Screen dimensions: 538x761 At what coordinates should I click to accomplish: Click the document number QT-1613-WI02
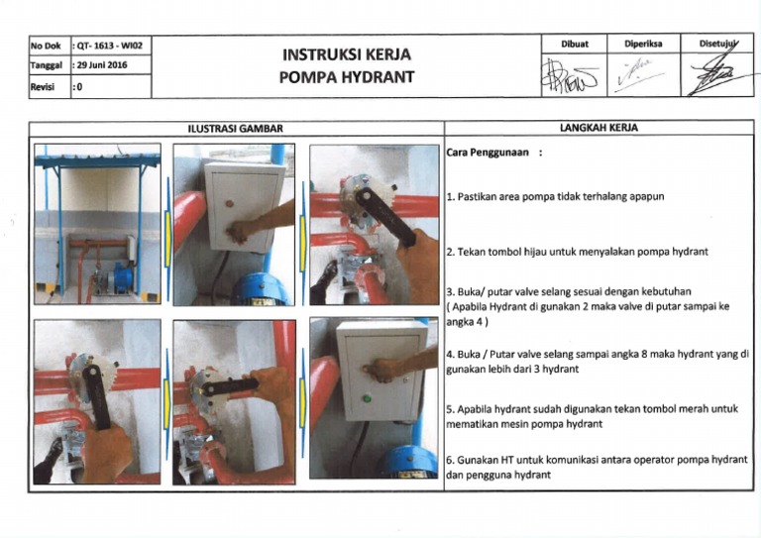(109, 46)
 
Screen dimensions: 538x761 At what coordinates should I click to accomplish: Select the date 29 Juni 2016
(104, 65)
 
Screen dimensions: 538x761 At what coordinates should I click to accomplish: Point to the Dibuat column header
(575, 44)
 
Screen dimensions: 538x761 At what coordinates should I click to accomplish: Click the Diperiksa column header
(643, 44)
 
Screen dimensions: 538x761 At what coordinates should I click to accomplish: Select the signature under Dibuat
(574, 76)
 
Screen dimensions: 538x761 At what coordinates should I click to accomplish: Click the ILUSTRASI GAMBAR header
(236, 129)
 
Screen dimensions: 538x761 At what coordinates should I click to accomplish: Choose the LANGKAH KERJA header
(598, 129)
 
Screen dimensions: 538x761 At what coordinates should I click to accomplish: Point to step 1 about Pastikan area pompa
(555, 196)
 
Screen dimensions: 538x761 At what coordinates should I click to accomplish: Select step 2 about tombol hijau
(577, 252)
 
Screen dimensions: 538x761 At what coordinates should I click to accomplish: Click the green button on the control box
(367, 398)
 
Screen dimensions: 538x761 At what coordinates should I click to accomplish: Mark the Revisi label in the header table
(45, 87)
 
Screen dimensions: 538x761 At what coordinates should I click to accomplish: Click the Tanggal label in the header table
(48, 65)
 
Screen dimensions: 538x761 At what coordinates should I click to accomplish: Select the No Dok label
(46, 46)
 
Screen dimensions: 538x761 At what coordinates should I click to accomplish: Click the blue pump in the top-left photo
(124, 276)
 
